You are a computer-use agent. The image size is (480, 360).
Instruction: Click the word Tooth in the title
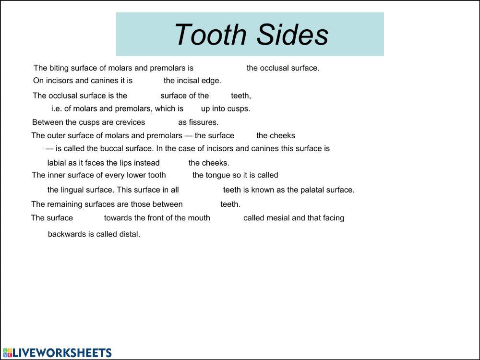pyautogui.click(x=210, y=35)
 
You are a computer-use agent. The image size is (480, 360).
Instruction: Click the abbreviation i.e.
pyautogui.click(x=57, y=108)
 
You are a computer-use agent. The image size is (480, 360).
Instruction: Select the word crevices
pyautogui.click(x=130, y=122)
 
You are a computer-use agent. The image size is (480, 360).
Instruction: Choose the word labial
pyautogui.click(x=57, y=163)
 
